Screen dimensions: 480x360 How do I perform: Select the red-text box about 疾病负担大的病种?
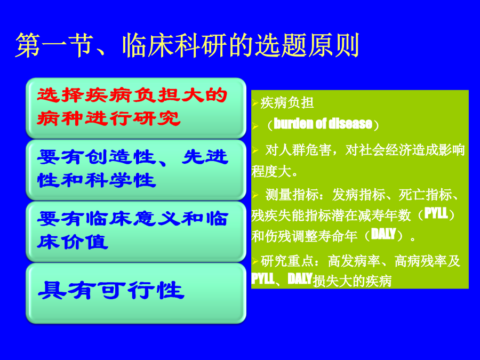click(136, 108)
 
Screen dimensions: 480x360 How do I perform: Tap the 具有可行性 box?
click(136, 293)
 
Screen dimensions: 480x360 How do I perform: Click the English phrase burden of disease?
click(323, 124)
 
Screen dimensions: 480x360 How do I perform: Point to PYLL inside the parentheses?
click(436, 213)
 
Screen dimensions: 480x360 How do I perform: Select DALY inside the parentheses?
click(383, 234)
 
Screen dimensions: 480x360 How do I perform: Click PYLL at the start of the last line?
click(262, 278)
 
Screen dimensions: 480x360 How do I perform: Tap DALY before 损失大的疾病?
click(300, 278)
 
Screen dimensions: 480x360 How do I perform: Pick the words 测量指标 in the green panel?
click(292, 195)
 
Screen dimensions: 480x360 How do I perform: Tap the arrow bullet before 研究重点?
click(255, 261)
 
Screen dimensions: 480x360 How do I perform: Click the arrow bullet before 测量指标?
click(255, 195)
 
